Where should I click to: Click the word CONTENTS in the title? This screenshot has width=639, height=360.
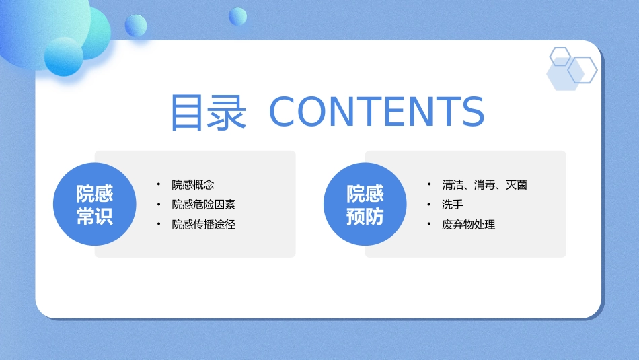[377, 111]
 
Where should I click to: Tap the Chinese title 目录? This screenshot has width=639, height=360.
[209, 112]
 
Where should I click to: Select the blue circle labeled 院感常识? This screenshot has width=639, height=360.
[95, 204]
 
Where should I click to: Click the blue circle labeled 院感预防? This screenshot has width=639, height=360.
[365, 204]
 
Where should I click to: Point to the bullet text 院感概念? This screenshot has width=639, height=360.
[193, 184]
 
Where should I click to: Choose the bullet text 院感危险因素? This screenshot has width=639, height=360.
[203, 205]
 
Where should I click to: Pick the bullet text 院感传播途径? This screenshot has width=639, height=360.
[203, 224]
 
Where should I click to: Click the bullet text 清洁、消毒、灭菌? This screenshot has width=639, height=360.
[484, 184]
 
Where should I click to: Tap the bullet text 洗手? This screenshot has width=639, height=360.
[453, 205]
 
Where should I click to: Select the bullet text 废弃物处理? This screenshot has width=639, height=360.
[468, 224]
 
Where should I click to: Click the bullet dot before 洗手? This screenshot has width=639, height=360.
[428, 204]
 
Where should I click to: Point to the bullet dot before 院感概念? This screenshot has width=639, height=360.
[159, 184]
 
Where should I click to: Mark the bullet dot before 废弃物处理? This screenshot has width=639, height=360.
[428, 224]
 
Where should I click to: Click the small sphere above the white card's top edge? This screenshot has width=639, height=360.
[237, 16]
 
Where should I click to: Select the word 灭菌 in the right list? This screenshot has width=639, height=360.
[517, 184]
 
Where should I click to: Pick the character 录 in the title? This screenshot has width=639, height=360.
[227, 112]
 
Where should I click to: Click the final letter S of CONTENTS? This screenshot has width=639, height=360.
[473, 111]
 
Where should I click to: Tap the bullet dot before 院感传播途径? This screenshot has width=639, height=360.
[159, 224]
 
